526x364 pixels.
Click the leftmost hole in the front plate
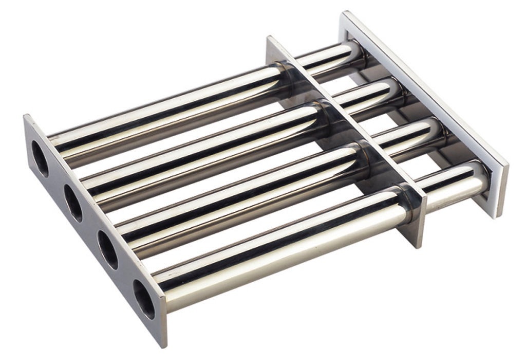40,158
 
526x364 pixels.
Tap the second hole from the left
73,203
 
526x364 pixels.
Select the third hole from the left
108,249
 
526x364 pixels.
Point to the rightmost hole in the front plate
144,299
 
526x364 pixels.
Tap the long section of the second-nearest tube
241,198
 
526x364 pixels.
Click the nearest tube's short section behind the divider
452,188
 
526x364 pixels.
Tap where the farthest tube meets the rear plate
360,51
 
